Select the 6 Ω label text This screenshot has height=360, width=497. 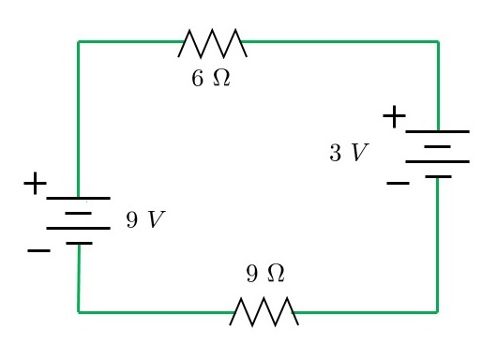pyautogui.click(x=208, y=78)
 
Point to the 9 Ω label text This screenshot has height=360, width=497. pyautogui.click(x=264, y=274)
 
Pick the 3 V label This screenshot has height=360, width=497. pyautogui.click(x=343, y=153)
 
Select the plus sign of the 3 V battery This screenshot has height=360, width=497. pyautogui.click(x=395, y=117)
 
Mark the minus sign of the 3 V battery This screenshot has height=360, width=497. pyautogui.click(x=396, y=183)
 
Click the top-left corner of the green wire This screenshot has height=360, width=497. pyautogui.click(x=78, y=42)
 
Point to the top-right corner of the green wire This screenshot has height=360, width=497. pyautogui.click(x=438, y=42)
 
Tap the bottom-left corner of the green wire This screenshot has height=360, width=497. pyautogui.click(x=78, y=311)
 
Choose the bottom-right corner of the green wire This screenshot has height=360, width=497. pyautogui.click(x=438, y=311)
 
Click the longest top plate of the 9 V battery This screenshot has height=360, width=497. pyautogui.click(x=79, y=199)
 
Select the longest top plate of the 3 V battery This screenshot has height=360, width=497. pyautogui.click(x=438, y=132)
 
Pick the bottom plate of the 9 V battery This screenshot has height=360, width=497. pyautogui.click(x=79, y=244)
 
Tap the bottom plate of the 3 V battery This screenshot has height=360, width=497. pyautogui.click(x=438, y=176)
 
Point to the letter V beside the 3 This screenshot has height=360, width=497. pyautogui.click(x=354, y=153)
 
